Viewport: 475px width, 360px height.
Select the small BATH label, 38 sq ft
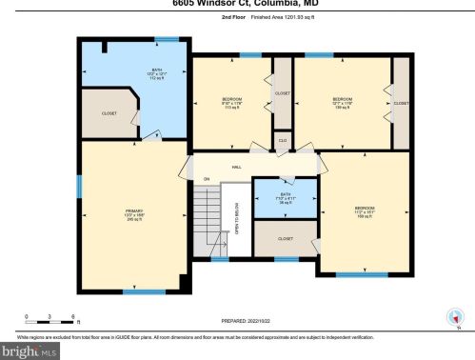coord(284,198)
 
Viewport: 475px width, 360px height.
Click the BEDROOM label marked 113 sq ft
coord(230,102)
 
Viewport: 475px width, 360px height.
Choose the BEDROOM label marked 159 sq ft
coord(366,211)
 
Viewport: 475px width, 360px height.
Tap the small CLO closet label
coord(282,140)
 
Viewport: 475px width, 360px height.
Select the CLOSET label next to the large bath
coord(109,112)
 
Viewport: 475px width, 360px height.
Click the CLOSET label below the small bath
coord(285,238)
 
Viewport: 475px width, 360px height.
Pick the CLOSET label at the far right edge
coord(401,103)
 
